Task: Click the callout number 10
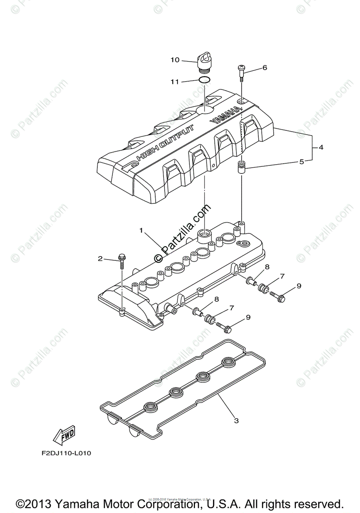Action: point(175,60)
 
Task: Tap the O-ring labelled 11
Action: point(204,81)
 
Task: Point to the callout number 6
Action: point(265,68)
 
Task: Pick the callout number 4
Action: point(320,147)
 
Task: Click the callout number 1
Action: point(141,230)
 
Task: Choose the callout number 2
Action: point(100,258)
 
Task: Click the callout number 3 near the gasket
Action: point(236,421)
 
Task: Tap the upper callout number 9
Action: point(299,286)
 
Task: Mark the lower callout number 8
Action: point(217,299)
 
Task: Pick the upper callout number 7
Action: point(282,277)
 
